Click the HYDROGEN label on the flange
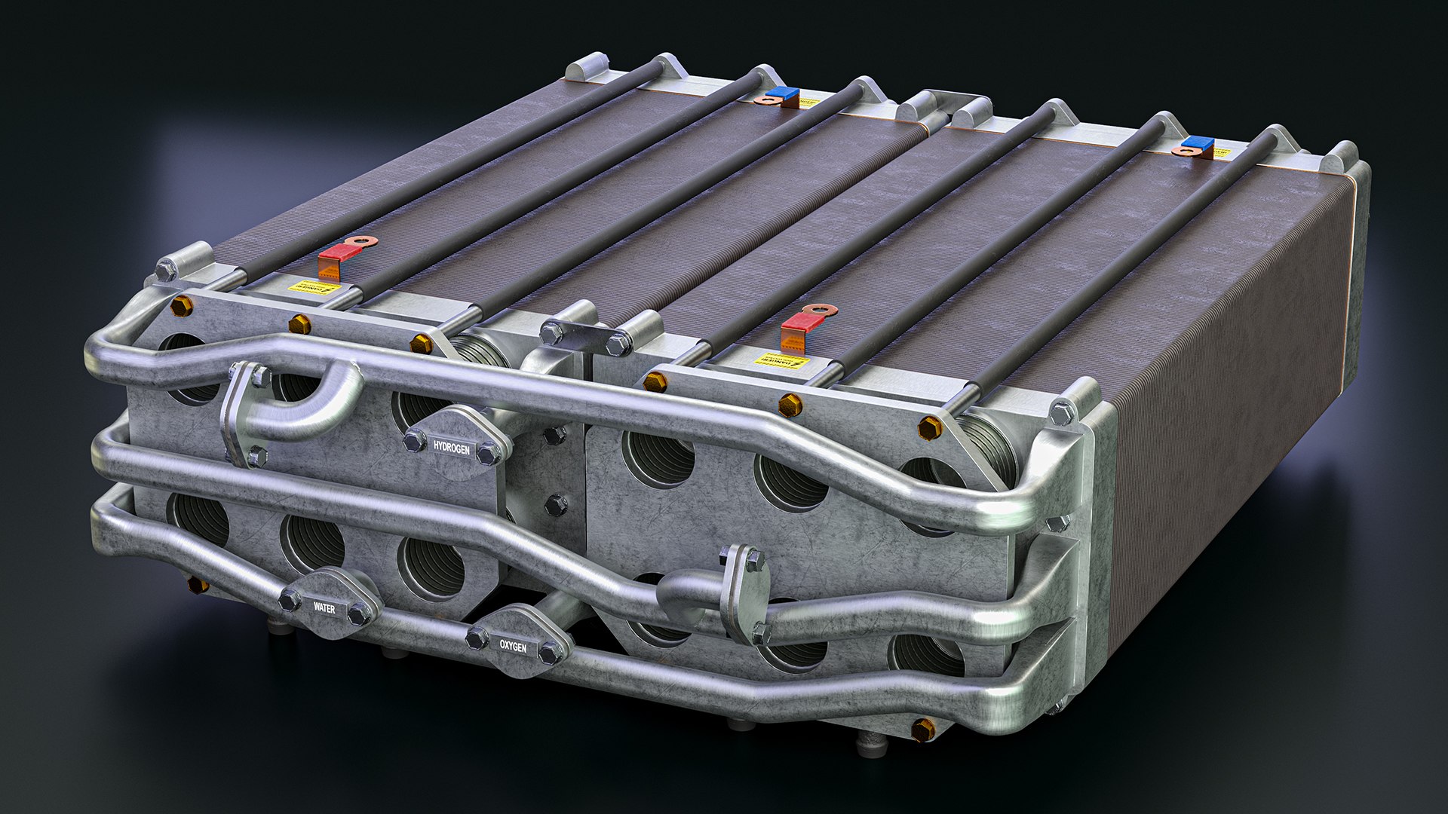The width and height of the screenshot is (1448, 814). pyautogui.click(x=451, y=448)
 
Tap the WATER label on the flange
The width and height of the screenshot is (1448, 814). pyautogui.click(x=324, y=607)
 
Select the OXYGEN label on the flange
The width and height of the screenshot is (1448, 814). pyautogui.click(x=513, y=646)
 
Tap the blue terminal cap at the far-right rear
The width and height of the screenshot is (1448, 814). pyautogui.click(x=1198, y=142)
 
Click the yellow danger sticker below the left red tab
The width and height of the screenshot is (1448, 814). pyautogui.click(x=316, y=288)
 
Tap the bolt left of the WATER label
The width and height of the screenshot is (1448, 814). pyautogui.click(x=289, y=601)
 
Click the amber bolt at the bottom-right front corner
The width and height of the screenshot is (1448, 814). pyautogui.click(x=922, y=729)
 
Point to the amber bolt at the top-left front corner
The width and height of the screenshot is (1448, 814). pyautogui.click(x=181, y=306)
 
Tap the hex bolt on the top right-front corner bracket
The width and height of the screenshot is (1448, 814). pyautogui.click(x=1063, y=412)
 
